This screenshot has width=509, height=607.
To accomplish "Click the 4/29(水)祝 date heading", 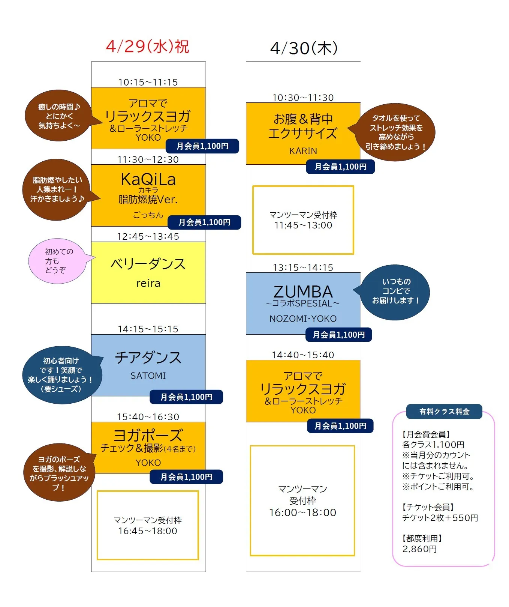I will point(148,47).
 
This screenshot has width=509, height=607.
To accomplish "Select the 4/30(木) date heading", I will point(304,48).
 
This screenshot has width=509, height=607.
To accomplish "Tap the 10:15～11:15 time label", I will point(148,82).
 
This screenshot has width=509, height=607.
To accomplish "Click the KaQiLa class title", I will point(148,179).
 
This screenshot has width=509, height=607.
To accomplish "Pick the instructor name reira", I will point(148,283).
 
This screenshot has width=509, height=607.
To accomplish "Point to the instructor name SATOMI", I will point(148,376).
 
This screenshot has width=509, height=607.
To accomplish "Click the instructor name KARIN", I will point(303,151).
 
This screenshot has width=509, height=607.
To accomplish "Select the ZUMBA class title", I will point(303,291).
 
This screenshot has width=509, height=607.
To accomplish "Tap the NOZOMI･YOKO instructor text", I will point(303,319).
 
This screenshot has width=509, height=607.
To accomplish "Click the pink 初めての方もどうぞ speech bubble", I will point(58,261).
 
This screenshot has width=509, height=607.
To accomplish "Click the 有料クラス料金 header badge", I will point(444,412).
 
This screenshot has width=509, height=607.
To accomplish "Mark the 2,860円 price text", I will point(419,549).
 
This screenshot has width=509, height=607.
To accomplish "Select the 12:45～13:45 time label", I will point(148,236).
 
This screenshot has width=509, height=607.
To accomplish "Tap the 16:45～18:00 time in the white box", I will point(148,531).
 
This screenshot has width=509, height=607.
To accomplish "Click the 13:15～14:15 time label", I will point(303,267).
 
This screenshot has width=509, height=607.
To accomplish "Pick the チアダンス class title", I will point(148,357).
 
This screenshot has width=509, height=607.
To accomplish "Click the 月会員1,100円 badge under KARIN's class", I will point(340,167).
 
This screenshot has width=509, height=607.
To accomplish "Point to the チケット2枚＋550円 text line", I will point(440,518).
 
